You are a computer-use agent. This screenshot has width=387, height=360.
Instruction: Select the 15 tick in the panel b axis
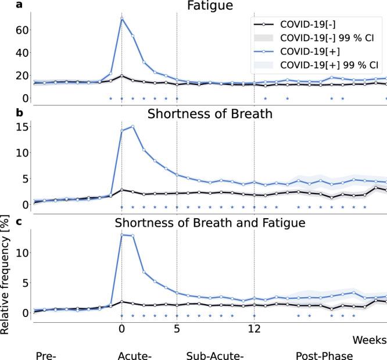pyautogui.click(x=18, y=126)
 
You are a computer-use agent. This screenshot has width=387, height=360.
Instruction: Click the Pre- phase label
pyautogui.click(x=45, y=355)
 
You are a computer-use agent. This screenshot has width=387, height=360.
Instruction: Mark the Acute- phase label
pyautogui.click(x=134, y=355)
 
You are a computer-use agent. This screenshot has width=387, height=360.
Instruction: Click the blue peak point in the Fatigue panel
pyautogui.click(x=121, y=18)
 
